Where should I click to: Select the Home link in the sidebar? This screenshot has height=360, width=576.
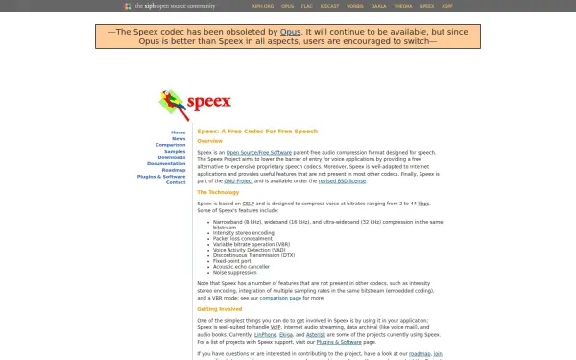coord(179,132)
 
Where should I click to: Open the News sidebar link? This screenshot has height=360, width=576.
coord(179,138)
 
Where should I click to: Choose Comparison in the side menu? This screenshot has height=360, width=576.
coord(171,145)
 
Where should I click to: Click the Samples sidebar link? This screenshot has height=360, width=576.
coord(175,151)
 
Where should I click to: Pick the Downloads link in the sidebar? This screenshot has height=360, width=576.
coord(172,157)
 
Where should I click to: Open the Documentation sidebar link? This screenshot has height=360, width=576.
coord(165,163)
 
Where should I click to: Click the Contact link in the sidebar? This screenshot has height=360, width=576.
coord(176,182)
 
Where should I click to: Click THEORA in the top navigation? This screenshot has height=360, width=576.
coord(430,6)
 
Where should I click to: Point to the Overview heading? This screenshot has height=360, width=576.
coord(209,141)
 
